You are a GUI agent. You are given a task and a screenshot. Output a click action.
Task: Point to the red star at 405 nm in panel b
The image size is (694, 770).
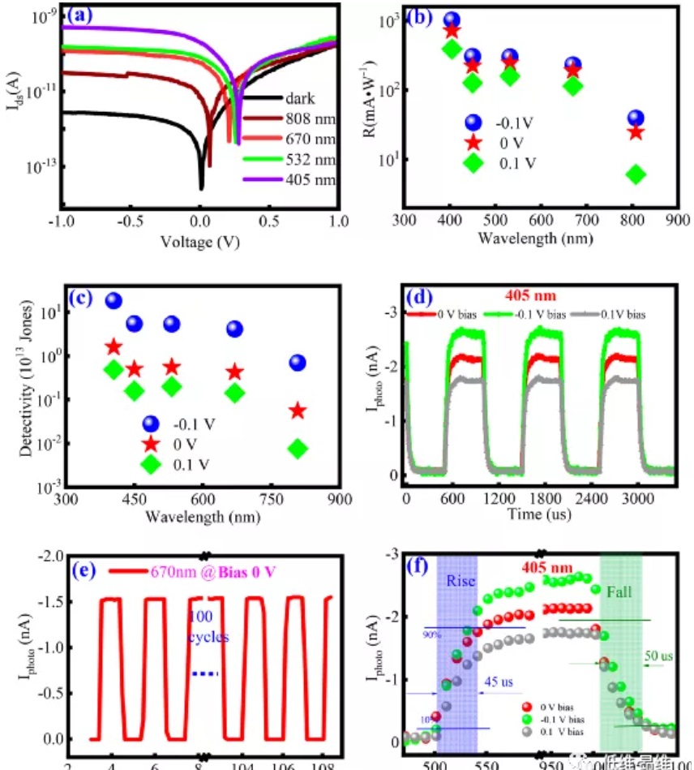coord(452,31)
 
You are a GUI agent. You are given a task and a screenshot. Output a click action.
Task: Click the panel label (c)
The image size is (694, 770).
coord(81,297)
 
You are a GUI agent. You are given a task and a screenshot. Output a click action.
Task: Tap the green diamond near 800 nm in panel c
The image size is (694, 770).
coord(298,449)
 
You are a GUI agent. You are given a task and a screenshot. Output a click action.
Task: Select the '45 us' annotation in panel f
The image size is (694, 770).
coord(499,683)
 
